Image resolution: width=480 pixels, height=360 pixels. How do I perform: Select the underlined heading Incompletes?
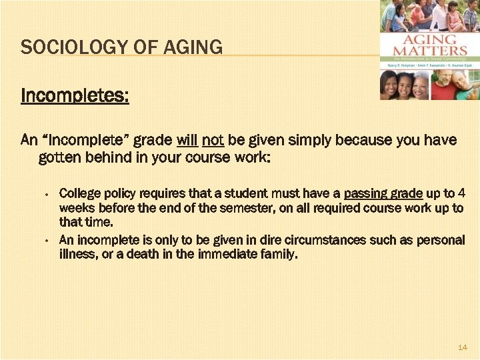(75, 96)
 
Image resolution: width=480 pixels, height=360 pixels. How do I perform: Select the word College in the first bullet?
(80, 194)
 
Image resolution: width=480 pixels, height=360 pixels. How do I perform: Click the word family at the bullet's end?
(277, 254)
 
